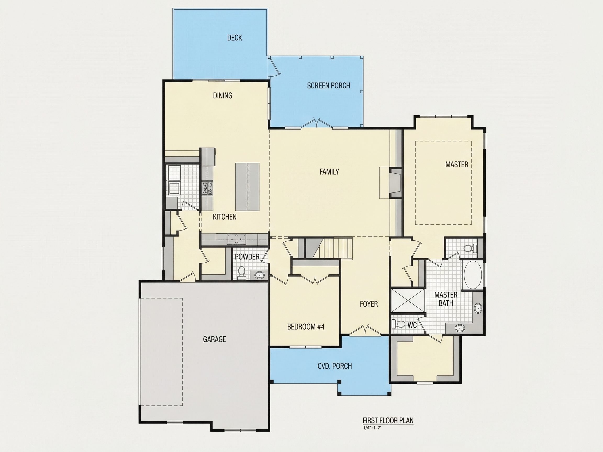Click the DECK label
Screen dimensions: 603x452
coord(234,38)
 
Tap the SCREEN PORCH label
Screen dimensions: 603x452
coord(328,86)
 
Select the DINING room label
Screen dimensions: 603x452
coord(222,95)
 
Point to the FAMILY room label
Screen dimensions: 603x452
coord(329,172)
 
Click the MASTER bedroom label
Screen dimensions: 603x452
coord(457,164)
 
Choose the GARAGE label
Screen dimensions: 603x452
coord(214,339)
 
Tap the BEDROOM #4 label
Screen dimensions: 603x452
coord(306,327)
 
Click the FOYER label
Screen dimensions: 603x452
coord(368,304)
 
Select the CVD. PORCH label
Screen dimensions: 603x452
coord(334,366)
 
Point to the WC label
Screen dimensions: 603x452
coord(412,325)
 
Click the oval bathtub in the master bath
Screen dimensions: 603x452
coord(473,274)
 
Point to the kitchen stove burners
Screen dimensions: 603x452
coord(207,188)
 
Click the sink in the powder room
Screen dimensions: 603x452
coord(259,275)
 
